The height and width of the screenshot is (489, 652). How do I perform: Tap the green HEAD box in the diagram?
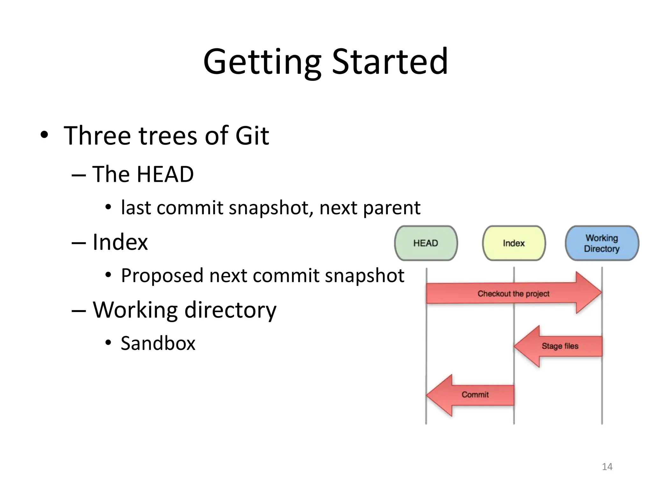(x=426, y=243)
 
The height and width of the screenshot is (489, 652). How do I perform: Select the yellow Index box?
(x=514, y=243)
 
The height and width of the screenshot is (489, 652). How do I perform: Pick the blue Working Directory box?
(x=601, y=243)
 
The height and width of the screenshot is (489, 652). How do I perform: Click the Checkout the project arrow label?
(x=513, y=294)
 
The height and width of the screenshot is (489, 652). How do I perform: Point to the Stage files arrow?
(x=560, y=346)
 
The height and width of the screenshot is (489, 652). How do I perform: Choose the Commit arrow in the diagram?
(x=475, y=395)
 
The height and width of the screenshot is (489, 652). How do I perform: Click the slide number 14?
(x=607, y=467)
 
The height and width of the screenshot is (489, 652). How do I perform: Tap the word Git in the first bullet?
(x=252, y=136)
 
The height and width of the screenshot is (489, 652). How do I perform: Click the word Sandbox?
(x=158, y=343)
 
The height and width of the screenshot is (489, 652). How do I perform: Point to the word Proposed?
(x=162, y=276)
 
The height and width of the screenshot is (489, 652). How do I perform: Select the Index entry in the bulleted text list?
(x=120, y=242)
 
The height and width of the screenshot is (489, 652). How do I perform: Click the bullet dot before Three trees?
(x=44, y=135)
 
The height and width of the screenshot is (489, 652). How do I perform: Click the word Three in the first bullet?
(x=97, y=136)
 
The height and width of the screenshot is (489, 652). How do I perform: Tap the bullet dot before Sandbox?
(x=108, y=343)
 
